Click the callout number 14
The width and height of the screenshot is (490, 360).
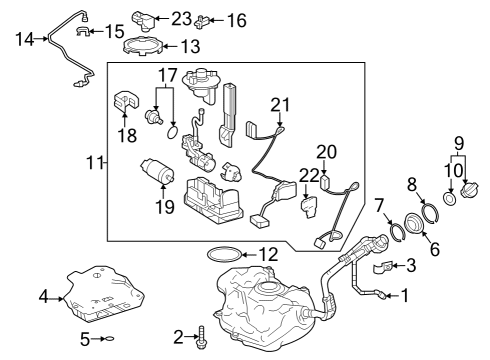(25, 39)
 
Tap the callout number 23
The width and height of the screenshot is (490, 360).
(181, 19)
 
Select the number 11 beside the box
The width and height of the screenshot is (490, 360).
(95, 163)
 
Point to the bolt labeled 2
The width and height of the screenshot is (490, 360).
(201, 338)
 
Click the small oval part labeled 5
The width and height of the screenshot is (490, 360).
(110, 339)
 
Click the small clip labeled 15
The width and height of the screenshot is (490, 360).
(83, 31)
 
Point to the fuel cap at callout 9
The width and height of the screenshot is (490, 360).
(469, 190)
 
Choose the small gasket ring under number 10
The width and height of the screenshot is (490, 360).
(450, 199)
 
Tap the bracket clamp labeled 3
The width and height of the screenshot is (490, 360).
(383, 268)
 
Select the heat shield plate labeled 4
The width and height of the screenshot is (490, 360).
(103, 294)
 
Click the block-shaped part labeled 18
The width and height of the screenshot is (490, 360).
(125, 100)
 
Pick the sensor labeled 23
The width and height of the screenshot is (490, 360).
(143, 20)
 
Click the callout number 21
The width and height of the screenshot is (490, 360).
(280, 105)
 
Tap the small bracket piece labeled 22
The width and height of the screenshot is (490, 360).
(309, 207)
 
